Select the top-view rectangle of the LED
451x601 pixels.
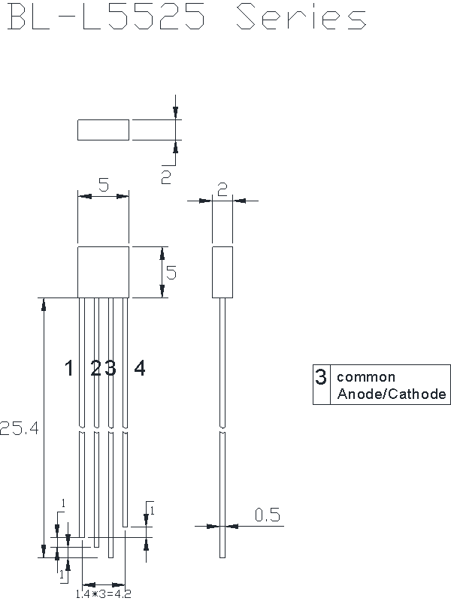click(x=103, y=130)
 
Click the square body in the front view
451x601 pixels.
click(x=103, y=272)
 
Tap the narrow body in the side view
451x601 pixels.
click(x=222, y=272)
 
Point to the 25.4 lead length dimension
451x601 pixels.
click(x=20, y=427)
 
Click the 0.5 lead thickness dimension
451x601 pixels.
click(x=268, y=515)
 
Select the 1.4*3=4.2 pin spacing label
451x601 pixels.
click(x=103, y=594)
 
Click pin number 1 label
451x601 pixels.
click(x=68, y=368)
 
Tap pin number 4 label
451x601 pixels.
click(x=140, y=368)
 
